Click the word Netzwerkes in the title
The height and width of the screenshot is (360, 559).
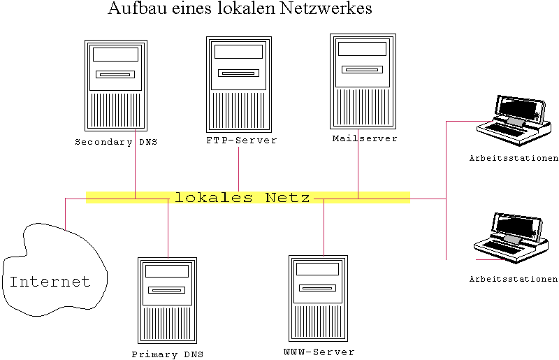326,8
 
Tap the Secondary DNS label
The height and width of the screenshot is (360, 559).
116,142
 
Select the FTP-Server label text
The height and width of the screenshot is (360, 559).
241,141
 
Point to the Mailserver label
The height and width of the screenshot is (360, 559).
365,138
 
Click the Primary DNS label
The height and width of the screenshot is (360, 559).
168,354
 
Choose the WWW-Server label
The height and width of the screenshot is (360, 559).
319,352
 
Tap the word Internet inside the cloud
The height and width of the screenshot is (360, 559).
50,282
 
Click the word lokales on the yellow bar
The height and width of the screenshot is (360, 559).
214,197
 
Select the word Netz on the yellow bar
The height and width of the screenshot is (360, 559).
287,197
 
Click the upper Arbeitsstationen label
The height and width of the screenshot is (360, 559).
514,158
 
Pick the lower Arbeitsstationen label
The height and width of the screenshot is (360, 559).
514,279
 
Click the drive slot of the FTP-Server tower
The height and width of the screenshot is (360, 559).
238,73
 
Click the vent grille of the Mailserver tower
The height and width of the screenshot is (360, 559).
363,107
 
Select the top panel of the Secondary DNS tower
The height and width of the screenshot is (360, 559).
115,55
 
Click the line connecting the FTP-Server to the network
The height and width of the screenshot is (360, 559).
238,169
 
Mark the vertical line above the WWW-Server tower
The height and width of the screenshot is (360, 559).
324,228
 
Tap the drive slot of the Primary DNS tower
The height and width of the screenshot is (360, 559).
167,290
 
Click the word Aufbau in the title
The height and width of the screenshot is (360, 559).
138,8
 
